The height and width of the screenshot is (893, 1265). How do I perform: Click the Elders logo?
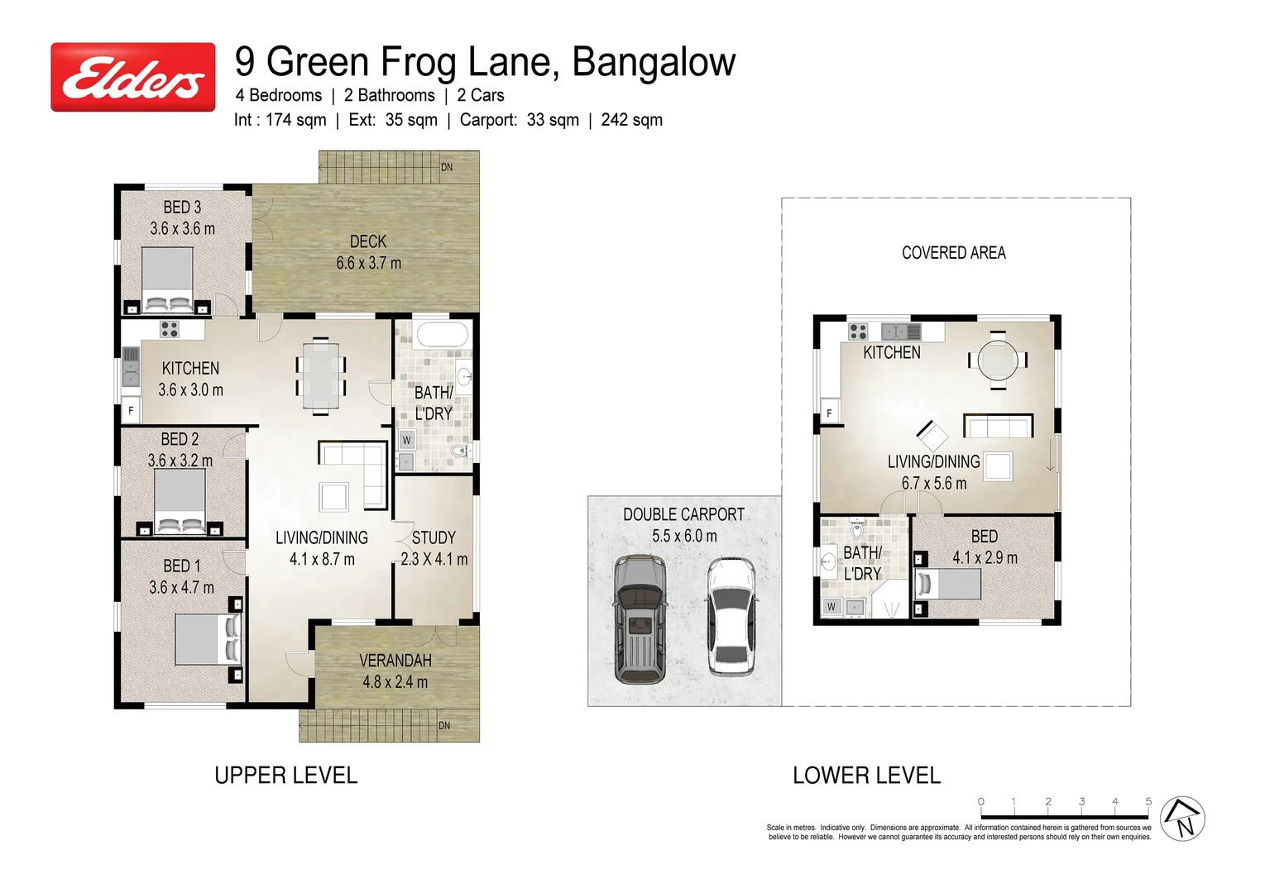pyautogui.click(x=133, y=77)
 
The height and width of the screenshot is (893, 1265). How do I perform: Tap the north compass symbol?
pyautogui.click(x=1182, y=819)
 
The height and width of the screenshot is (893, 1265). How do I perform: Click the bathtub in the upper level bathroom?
pyautogui.click(x=442, y=335)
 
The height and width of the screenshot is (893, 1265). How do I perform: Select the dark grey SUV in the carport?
pyautogui.click(x=640, y=618)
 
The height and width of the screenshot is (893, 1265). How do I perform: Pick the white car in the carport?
pyautogui.click(x=730, y=616)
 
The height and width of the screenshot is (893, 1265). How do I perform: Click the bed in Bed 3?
pyautogui.click(x=168, y=280)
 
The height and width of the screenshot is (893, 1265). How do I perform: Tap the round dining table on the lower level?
pyautogui.click(x=998, y=360)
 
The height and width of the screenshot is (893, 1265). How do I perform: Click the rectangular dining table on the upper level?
pyautogui.click(x=320, y=376)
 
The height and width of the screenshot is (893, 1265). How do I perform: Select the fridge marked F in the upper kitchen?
pyautogui.click(x=131, y=410)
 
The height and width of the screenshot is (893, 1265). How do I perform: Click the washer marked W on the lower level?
pyautogui.click(x=831, y=607)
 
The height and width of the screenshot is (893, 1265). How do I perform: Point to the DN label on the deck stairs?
pyautogui.click(x=447, y=167)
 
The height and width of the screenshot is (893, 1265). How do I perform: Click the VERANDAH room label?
pyautogui.click(x=395, y=661)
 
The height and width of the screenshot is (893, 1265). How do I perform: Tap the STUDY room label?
pyautogui.click(x=434, y=537)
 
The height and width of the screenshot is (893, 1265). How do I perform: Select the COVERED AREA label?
pyautogui.click(x=953, y=253)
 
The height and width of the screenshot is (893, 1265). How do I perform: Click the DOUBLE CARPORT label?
pyautogui.click(x=683, y=514)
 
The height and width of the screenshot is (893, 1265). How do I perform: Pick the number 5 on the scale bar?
pyautogui.click(x=1148, y=801)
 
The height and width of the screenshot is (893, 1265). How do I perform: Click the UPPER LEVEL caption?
pyautogui.click(x=285, y=776)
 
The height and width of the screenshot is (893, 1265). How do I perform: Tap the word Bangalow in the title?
pyautogui.click(x=654, y=62)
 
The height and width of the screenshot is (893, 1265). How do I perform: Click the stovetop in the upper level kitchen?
pyautogui.click(x=169, y=329)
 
